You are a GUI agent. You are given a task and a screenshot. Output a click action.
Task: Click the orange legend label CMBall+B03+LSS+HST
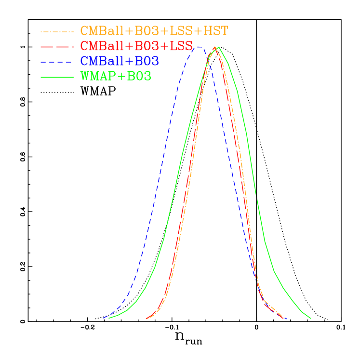click(x=154, y=31)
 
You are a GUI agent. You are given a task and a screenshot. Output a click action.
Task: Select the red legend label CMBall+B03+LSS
click(x=136, y=46)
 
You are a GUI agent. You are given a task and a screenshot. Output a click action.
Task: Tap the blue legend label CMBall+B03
click(x=119, y=61)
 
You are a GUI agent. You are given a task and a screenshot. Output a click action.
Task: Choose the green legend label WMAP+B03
click(x=116, y=76)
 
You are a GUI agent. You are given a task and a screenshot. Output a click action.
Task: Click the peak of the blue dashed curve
click(x=198, y=47)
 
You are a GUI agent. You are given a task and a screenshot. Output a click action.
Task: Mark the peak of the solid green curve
click(x=219, y=47)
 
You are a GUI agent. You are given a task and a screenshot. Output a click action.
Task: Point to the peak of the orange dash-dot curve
click(x=215, y=47)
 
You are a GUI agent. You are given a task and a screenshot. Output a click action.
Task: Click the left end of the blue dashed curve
click(x=103, y=318)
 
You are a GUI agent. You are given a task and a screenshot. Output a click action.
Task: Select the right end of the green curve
click(x=311, y=318)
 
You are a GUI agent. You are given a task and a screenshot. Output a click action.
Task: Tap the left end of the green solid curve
click(x=109, y=318)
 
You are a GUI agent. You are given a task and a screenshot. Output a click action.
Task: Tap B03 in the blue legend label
click(x=147, y=61)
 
